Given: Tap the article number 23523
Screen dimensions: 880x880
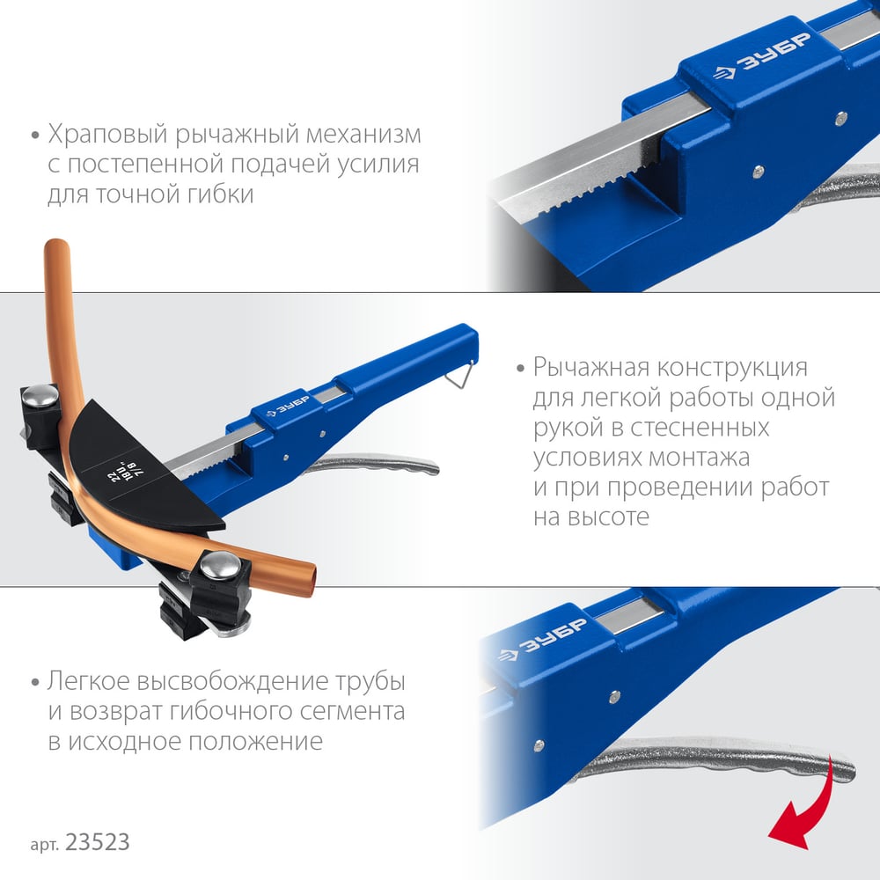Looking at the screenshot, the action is [98, 842].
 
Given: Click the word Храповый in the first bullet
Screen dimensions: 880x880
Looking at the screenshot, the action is [107, 135].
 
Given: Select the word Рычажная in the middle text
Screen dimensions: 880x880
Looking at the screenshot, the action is [592, 368].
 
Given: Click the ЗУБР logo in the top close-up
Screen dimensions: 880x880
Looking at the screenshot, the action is [762, 58].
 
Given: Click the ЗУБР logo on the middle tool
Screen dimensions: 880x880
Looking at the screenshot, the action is [288, 406].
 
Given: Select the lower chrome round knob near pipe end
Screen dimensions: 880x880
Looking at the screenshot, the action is [221, 565].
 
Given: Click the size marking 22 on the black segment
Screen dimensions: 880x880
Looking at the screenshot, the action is [113, 476].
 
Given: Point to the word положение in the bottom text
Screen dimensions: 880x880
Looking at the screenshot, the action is [255, 742].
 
